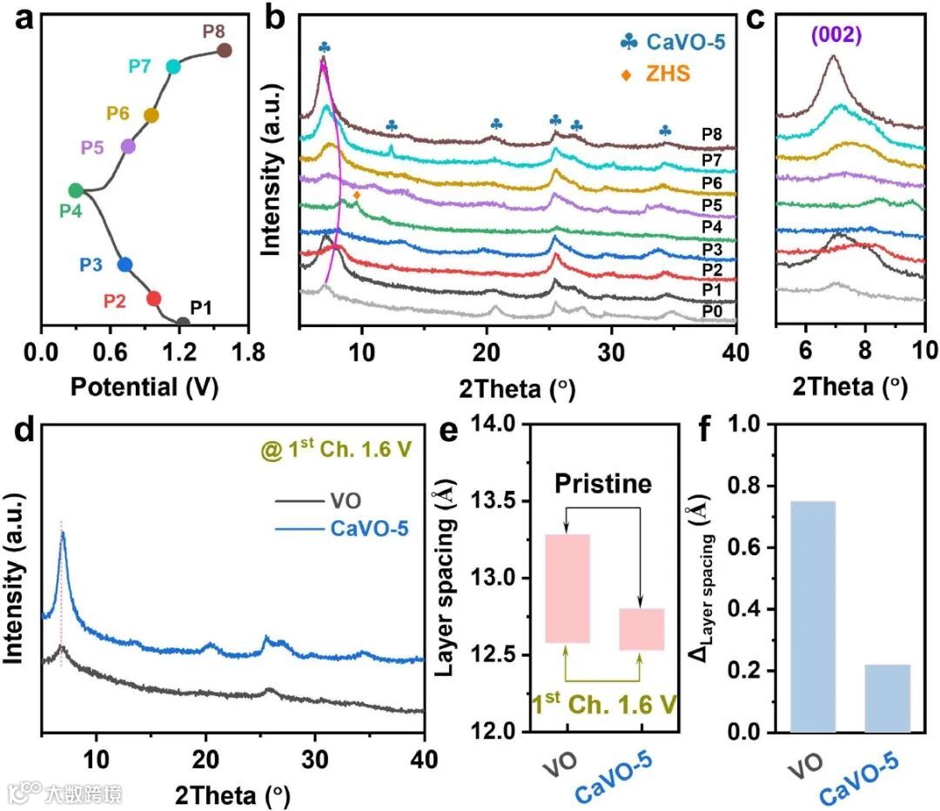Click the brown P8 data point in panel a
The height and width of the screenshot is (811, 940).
pyautogui.click(x=224, y=50)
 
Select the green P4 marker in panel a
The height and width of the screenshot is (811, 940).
pyautogui.click(x=76, y=191)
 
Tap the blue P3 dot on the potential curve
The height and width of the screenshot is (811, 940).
pyautogui.click(x=124, y=265)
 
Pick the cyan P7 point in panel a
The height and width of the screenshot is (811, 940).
pyautogui.click(x=173, y=66)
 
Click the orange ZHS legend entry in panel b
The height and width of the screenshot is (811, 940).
pyautogui.click(x=667, y=74)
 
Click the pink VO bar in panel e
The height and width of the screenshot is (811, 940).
pyautogui.click(x=567, y=588)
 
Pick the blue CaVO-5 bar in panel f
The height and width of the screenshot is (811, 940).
pyautogui.click(x=888, y=698)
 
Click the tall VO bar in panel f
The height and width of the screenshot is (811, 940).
pyautogui.click(x=812, y=615)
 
